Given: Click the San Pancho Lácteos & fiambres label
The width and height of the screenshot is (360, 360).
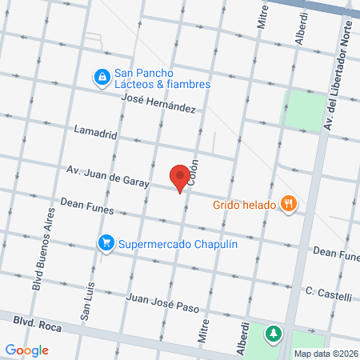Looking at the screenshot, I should [162, 78].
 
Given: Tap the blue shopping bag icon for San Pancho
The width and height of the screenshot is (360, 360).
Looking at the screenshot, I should [102, 78].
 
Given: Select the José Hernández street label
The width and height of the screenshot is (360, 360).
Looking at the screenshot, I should [158, 103].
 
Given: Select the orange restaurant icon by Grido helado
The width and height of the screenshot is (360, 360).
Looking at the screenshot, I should [289, 204].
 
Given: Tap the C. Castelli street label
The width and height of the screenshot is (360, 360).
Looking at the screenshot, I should [328, 294].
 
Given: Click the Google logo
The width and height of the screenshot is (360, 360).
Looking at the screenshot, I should [27, 350].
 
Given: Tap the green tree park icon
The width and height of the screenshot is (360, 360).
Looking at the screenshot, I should [274, 332].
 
